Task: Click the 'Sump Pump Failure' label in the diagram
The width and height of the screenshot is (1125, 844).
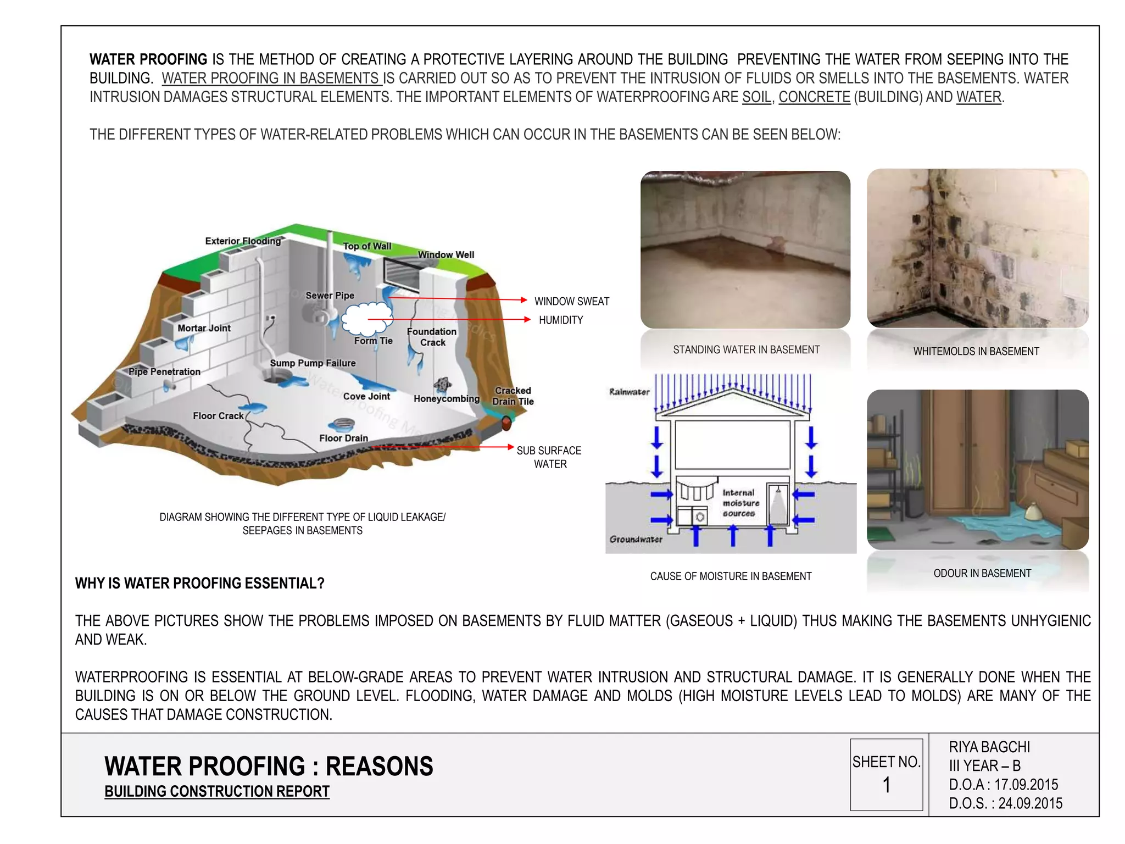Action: point(313,363)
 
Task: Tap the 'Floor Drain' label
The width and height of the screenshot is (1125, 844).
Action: point(343,438)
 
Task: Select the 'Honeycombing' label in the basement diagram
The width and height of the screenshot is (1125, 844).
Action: point(446,399)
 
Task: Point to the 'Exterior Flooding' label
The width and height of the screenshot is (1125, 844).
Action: point(243,241)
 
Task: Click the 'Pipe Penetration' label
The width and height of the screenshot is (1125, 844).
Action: point(164,372)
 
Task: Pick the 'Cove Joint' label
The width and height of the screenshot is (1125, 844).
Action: point(366,396)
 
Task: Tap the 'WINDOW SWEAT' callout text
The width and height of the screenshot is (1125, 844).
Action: point(572,301)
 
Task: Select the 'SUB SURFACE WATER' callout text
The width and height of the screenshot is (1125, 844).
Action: point(549,457)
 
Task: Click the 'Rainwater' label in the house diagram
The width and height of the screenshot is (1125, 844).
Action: point(629,392)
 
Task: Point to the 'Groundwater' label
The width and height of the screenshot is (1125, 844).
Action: point(636,539)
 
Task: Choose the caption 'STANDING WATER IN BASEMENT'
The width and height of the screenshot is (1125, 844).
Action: point(746,350)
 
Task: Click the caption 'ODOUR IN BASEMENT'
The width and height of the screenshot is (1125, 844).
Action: point(982,573)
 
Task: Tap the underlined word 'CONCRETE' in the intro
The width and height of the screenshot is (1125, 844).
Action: point(814,97)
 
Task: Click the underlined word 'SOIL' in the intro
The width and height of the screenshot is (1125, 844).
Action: point(756,97)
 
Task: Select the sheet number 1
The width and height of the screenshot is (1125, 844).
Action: point(886,785)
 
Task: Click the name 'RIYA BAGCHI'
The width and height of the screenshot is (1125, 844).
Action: point(989,747)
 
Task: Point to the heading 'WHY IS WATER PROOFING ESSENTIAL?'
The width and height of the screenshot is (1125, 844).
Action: point(200,583)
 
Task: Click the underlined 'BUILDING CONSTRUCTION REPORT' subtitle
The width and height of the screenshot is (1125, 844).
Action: point(217,791)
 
